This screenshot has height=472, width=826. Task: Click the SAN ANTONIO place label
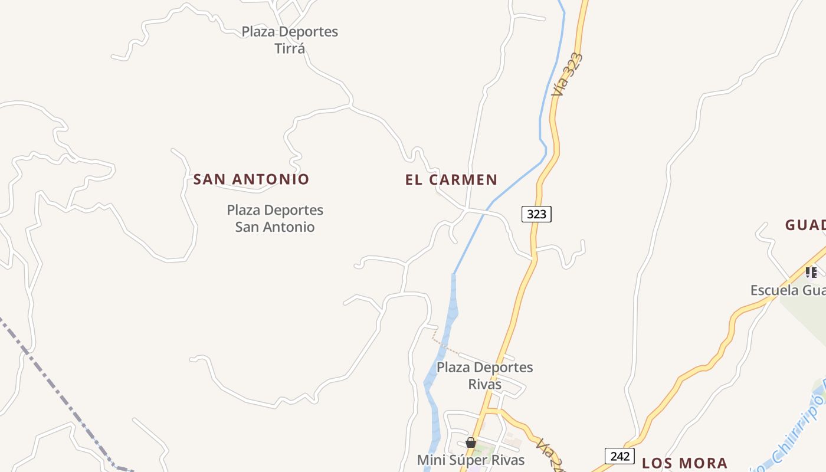tap(251, 179)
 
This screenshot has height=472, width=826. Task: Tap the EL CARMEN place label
tap(451, 179)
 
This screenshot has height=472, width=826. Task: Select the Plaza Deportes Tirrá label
tap(290, 40)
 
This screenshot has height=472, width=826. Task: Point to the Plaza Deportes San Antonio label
tap(275, 218)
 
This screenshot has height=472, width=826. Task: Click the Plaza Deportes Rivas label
tap(484, 376)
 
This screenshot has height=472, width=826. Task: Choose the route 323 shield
tap(536, 214)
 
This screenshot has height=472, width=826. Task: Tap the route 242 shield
tap(619, 456)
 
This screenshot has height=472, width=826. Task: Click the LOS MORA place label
tap(684, 463)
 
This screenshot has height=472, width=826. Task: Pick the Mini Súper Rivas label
tap(471, 460)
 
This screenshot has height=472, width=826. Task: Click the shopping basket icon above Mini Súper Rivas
tap(471, 442)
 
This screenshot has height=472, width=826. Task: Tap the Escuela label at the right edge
tap(788, 290)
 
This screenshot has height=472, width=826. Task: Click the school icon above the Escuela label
tap(811, 272)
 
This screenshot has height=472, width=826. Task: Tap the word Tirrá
tap(290, 48)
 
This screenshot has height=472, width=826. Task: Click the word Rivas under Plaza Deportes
tap(484, 385)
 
